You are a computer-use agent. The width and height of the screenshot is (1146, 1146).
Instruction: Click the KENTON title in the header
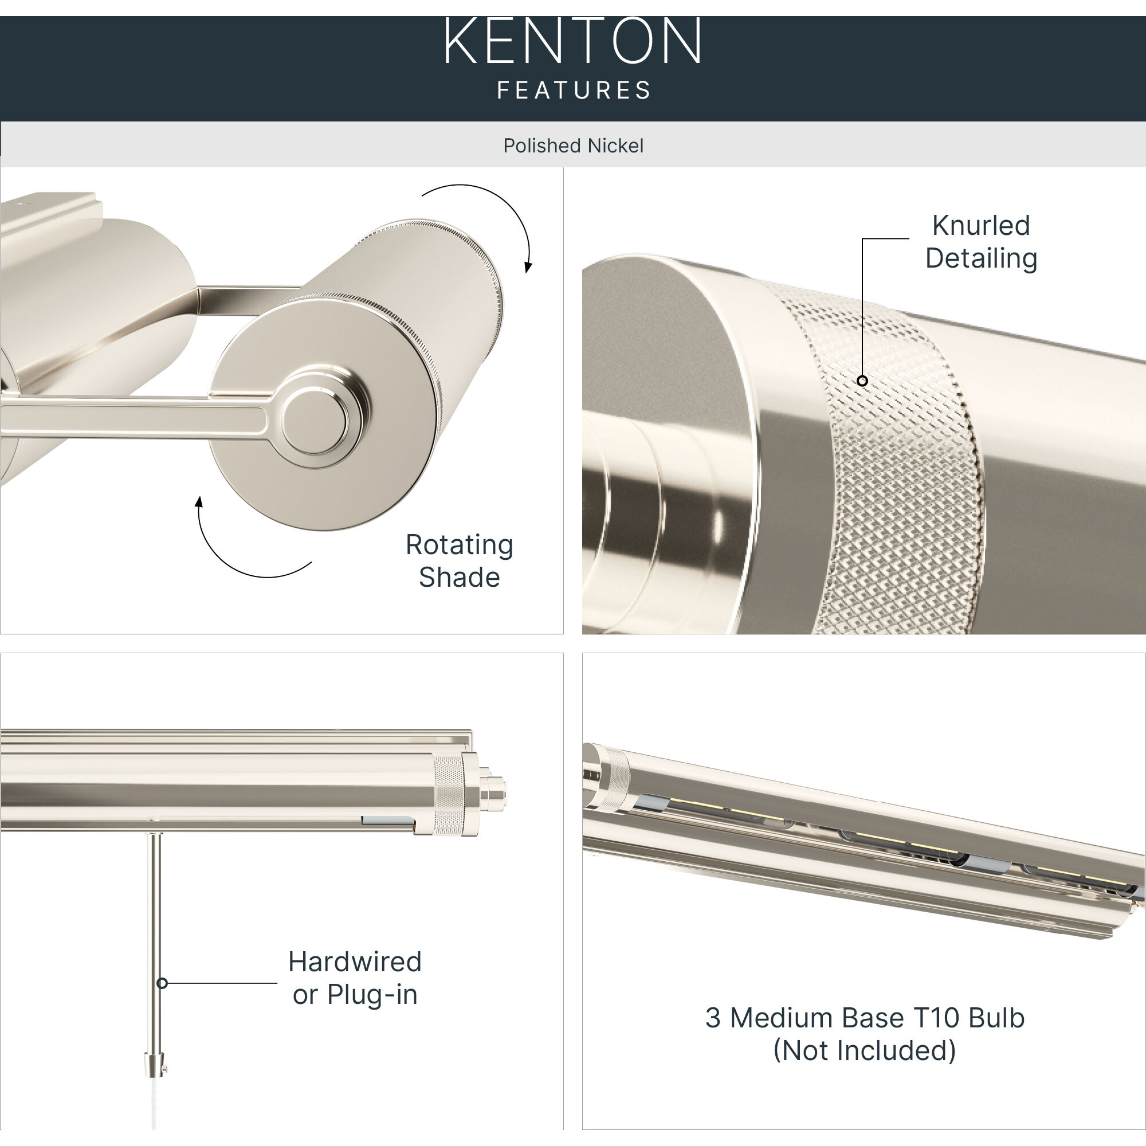pos(572,41)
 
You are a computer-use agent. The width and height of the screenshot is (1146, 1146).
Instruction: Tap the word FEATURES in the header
pos(574,90)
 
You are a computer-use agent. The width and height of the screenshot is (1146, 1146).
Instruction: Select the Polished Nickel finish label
pos(573,146)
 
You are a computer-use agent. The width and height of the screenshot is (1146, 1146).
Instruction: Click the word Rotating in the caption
pos(459,544)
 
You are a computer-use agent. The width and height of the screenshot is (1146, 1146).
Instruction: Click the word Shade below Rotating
pos(459,577)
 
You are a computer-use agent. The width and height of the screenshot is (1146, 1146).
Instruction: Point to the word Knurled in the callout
pos(980,225)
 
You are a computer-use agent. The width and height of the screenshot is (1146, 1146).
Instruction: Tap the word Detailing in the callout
pos(981,258)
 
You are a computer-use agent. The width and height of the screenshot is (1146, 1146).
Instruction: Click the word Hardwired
pos(355,961)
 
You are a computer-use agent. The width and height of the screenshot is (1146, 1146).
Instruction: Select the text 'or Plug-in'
pos(355,995)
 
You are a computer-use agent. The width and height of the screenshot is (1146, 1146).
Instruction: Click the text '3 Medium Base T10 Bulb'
pos(864,1018)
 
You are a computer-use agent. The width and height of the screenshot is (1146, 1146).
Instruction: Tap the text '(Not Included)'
pos(864,1050)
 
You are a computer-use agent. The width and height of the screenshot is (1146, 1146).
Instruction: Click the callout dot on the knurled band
pos(862,381)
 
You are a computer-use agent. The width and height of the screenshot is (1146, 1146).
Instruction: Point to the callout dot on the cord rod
pos(162,983)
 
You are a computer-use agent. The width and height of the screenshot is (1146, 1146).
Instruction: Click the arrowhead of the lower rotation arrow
pos(199,503)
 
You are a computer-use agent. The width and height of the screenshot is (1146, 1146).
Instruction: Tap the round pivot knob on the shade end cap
pos(314,421)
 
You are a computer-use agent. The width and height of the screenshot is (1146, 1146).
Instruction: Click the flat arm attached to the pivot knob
pos(136,418)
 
